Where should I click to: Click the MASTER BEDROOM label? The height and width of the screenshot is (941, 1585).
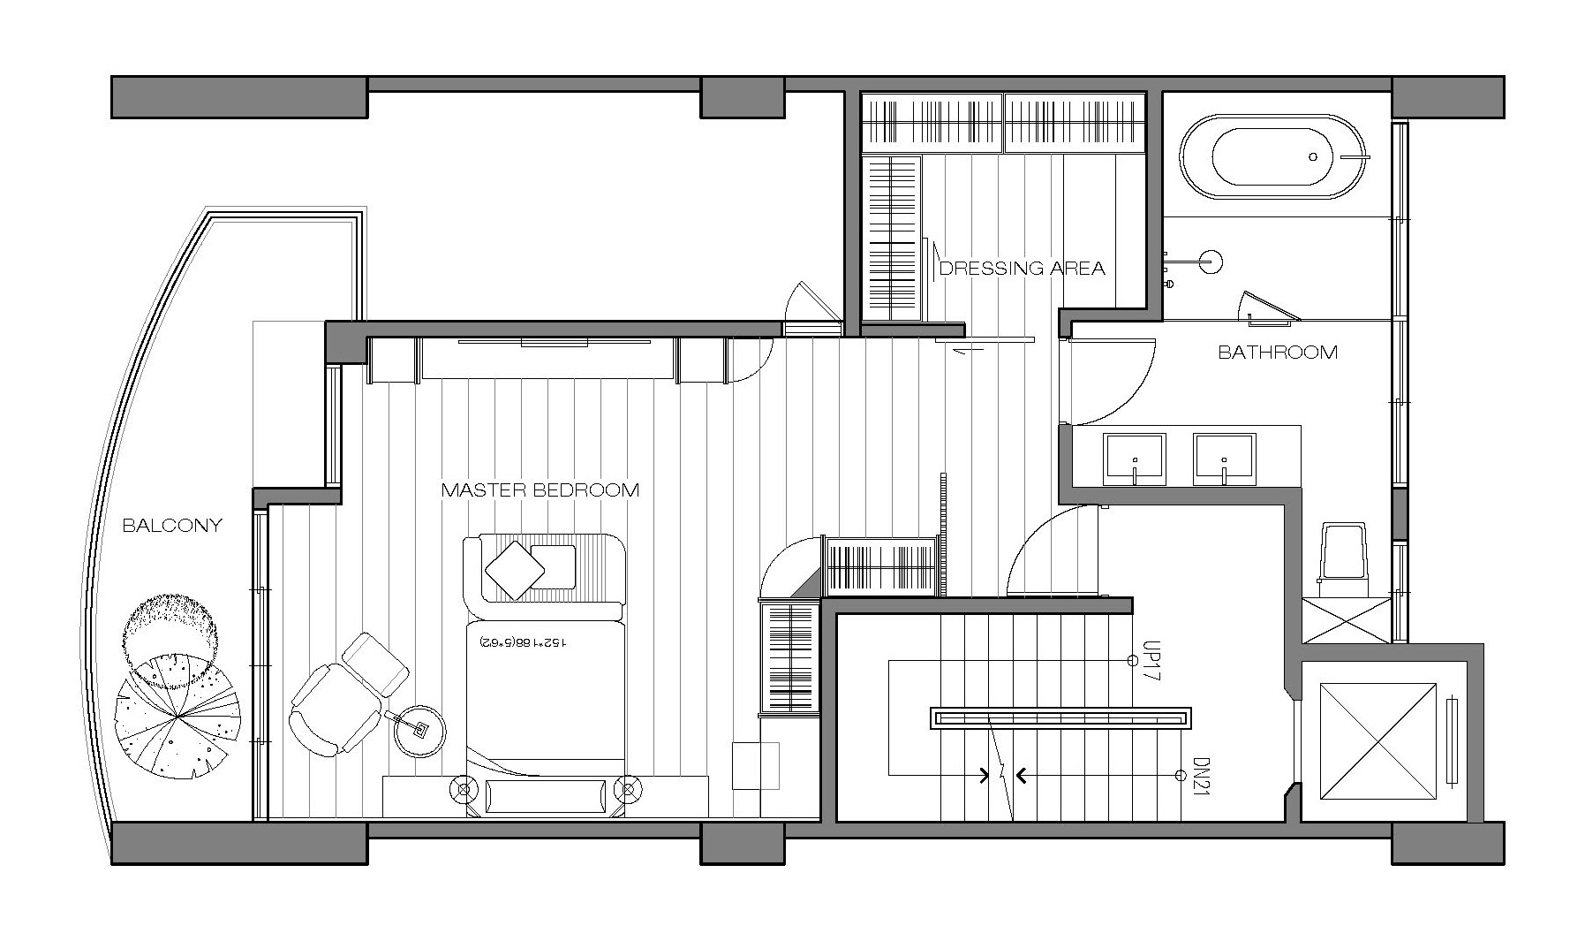pos(540,489)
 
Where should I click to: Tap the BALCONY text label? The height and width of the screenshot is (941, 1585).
pos(172,526)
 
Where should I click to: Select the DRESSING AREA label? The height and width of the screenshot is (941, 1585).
pos(1022,268)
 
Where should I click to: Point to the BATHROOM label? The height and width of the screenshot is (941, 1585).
pos(1278,353)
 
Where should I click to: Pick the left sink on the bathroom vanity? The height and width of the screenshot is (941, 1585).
pos(1134,459)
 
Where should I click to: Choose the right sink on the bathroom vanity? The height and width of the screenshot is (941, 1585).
pos(1224,459)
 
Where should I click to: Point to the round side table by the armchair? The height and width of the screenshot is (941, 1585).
pos(419,731)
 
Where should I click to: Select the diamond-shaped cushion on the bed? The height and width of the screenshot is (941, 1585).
pos(514,568)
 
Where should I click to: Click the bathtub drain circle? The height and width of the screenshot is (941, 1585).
pos(1313,156)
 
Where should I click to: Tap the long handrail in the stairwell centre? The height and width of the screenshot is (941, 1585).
pos(1061,717)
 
